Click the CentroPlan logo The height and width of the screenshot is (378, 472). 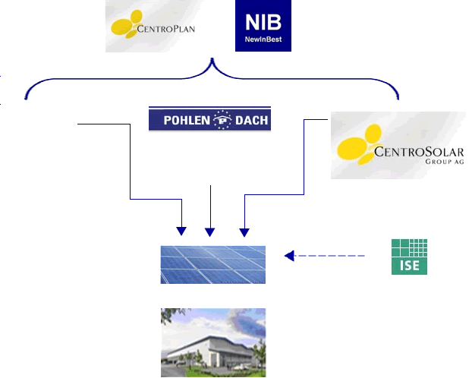[153, 26]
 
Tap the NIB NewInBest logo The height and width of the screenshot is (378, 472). [263, 26]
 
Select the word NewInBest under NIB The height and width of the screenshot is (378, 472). [263, 39]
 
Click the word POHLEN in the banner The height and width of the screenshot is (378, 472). [187, 120]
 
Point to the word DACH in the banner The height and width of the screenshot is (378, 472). [251, 120]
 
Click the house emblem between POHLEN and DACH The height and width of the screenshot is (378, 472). [222, 120]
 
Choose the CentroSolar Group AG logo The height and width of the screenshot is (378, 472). [398, 145]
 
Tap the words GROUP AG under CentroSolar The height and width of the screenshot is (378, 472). [445, 162]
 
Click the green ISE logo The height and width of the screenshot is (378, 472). [409, 257]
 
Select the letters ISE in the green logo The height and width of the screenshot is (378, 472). [409, 266]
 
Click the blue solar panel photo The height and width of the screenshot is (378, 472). [212, 265]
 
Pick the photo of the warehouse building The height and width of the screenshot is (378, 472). [213, 342]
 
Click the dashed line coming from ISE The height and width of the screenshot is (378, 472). [329, 256]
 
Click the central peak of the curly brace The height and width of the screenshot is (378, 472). [212, 58]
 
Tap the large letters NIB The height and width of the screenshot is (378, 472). [263, 22]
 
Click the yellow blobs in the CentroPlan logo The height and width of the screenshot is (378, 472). [127, 24]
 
